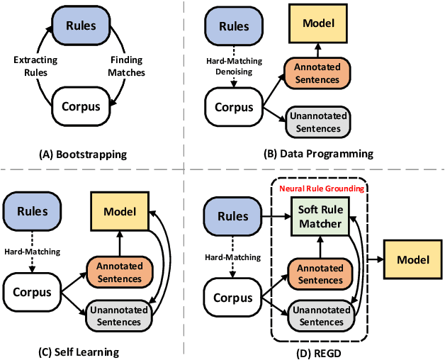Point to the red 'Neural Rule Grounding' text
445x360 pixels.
click(322, 189)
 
